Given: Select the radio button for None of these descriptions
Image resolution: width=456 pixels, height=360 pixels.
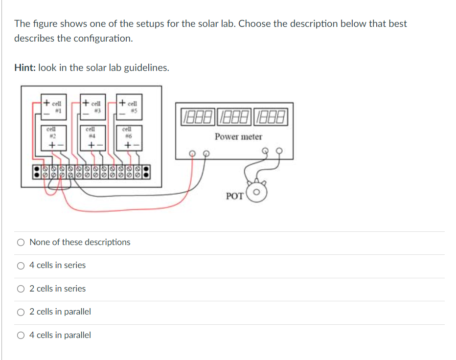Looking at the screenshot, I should [x=21, y=242].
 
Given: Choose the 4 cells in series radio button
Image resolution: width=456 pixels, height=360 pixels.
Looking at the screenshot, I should [x=21, y=266].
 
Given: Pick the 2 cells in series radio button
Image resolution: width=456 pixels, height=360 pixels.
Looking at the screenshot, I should [x=21, y=289].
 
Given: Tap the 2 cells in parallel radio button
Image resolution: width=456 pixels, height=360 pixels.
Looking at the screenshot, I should [x=21, y=312].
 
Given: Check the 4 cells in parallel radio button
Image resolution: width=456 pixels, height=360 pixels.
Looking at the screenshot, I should [x=21, y=335].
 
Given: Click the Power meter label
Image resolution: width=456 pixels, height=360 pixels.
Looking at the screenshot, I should [x=238, y=137].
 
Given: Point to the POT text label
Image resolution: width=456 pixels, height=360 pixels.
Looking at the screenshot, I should [x=234, y=196].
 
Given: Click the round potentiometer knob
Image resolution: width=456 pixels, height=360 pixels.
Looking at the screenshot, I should [x=257, y=193].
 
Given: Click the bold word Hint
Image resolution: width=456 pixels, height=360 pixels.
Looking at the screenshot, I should [x=25, y=68].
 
